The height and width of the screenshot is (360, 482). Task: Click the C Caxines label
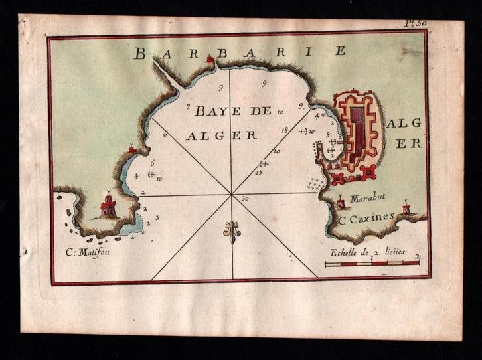coord(367,216)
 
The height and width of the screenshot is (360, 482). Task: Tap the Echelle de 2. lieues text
coord(362,252)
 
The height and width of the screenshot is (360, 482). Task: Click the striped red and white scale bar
coord(372,263)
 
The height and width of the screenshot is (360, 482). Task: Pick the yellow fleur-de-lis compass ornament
coord(232,231)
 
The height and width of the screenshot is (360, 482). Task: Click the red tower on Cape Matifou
coord(108,205)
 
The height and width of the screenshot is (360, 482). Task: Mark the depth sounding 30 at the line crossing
coord(245,199)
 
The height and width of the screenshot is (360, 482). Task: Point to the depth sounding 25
coord(258,173)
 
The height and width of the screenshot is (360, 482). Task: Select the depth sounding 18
coord(284,130)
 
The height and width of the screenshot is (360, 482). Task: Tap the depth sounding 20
coord(276,151)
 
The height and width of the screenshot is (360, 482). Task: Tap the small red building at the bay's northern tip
coord(212,60)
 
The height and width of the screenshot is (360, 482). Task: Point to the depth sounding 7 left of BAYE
coord(189,106)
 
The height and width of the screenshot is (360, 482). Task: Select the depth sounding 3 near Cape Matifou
coord(156,217)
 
